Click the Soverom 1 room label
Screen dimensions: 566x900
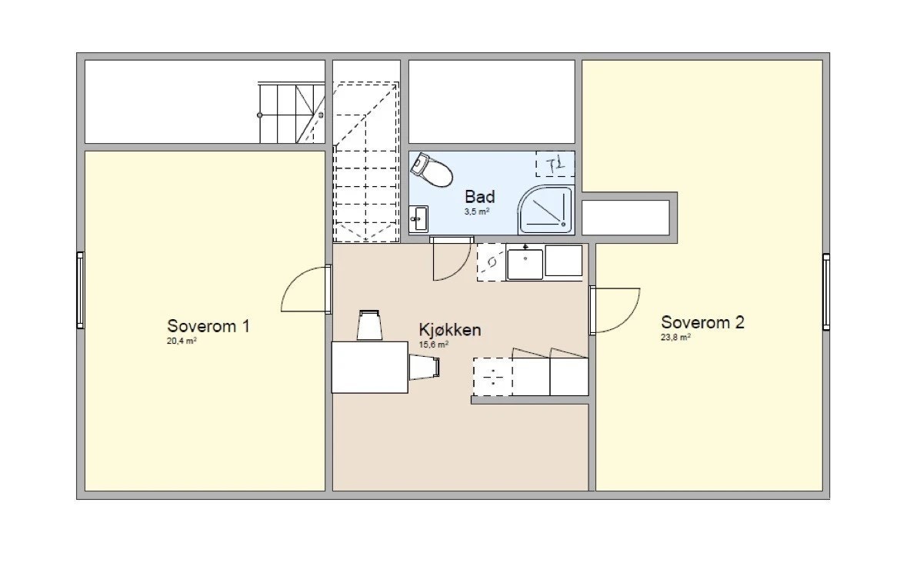(x=208, y=325)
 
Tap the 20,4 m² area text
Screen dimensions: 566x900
(x=182, y=341)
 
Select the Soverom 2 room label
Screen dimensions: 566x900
(x=702, y=322)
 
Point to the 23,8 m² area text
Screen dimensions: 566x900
(x=675, y=337)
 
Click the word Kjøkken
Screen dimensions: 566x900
(x=450, y=330)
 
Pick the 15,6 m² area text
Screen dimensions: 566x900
(x=433, y=345)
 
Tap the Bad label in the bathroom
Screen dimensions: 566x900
(x=479, y=197)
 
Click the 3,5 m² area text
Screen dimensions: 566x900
(x=477, y=211)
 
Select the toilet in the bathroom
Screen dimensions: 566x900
(x=432, y=170)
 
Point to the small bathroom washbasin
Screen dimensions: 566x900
(x=418, y=218)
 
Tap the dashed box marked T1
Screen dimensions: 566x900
(x=555, y=164)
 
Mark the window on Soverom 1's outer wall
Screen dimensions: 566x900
(x=80, y=291)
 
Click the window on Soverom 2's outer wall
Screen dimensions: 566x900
(x=825, y=292)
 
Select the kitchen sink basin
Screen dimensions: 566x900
(x=525, y=262)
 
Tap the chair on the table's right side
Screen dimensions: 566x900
(x=424, y=368)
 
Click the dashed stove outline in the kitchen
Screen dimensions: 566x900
(x=492, y=377)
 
